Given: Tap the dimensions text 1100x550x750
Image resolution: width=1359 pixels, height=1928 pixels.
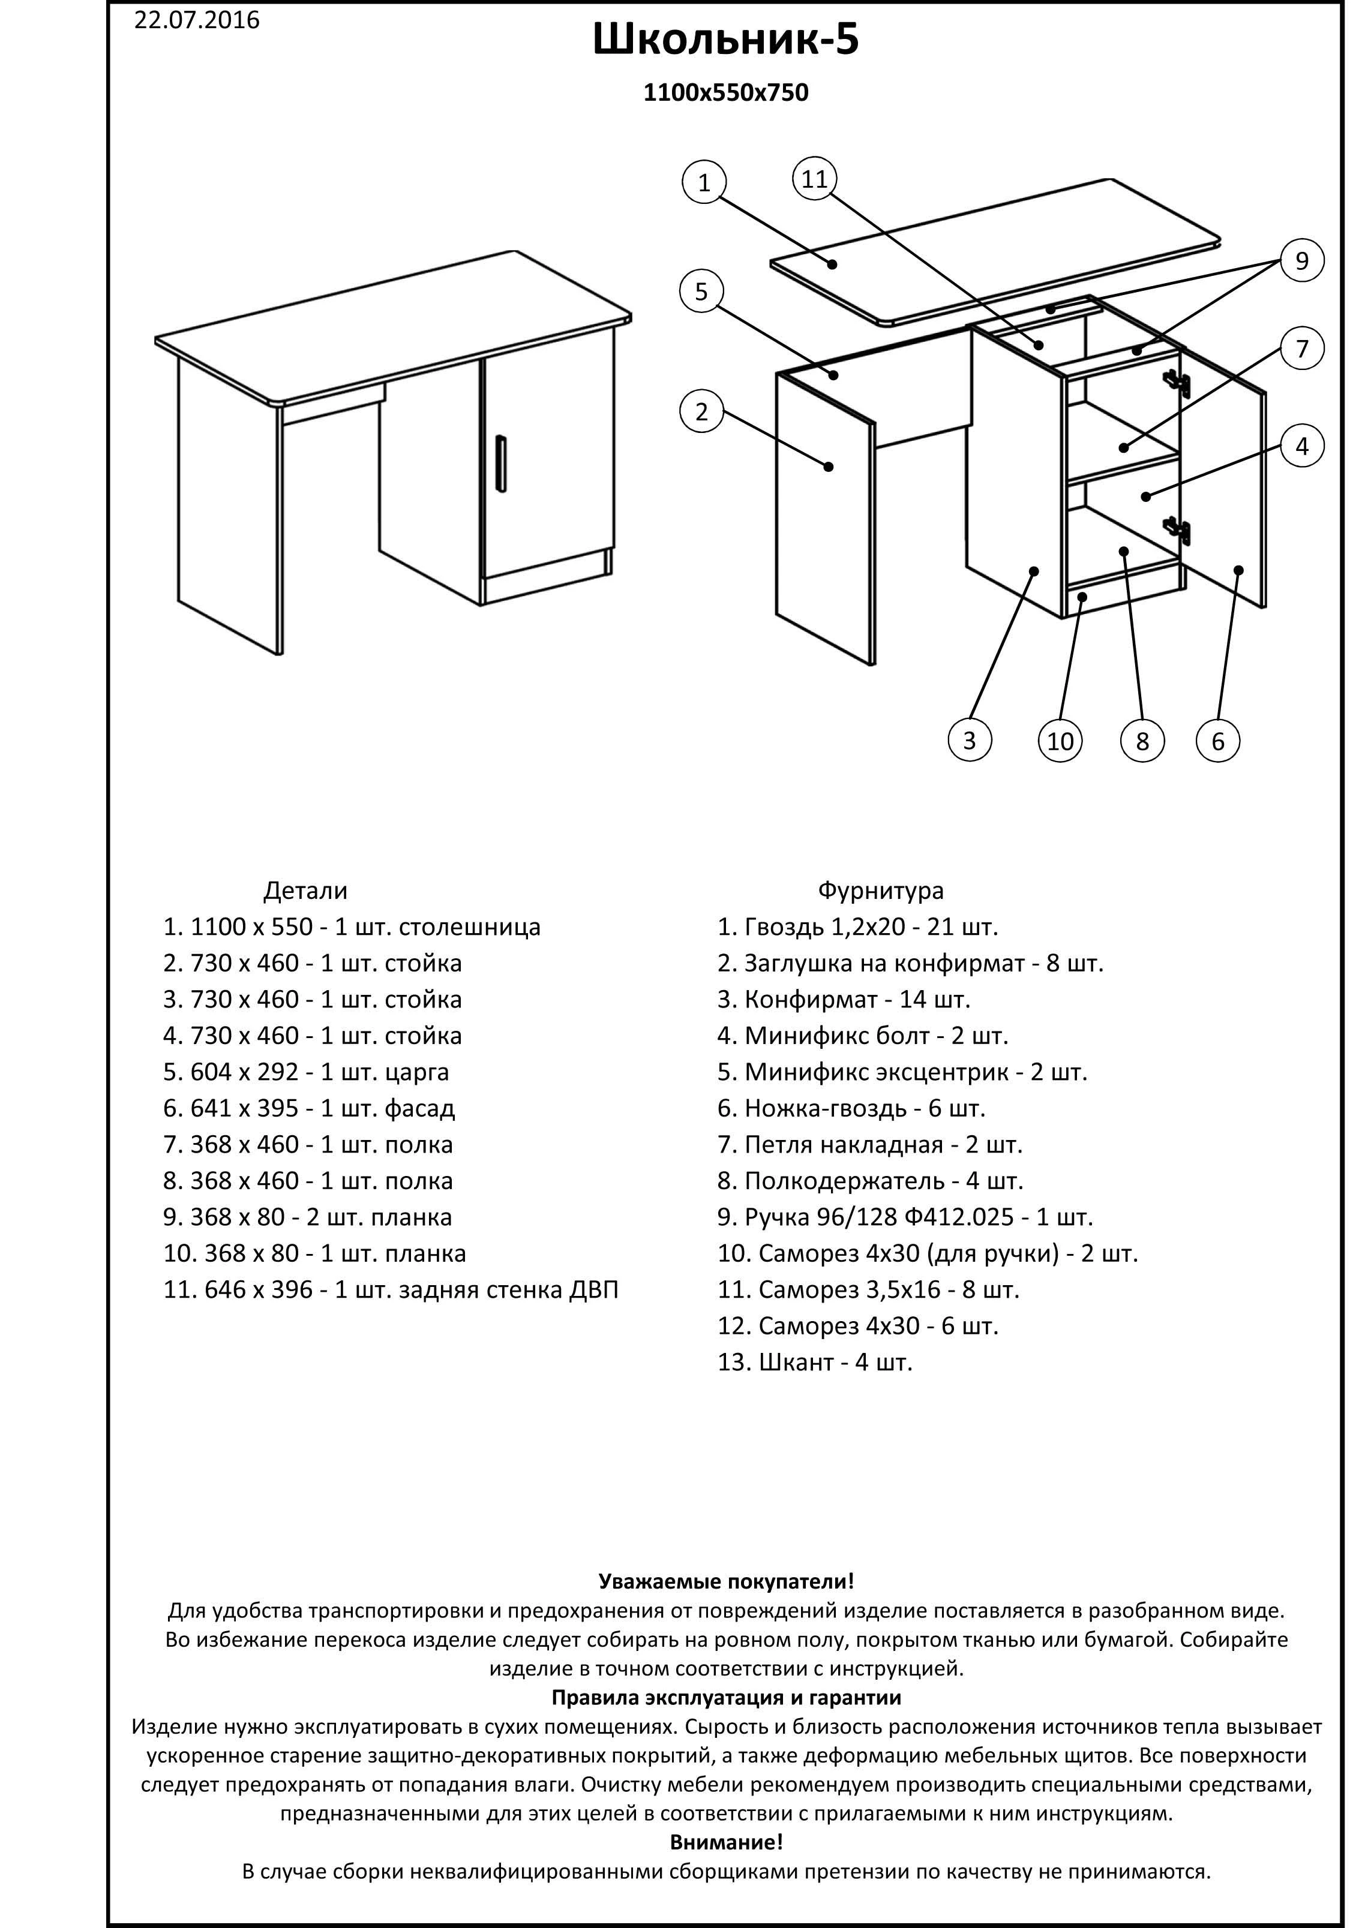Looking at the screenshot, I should pyautogui.click(x=725, y=92).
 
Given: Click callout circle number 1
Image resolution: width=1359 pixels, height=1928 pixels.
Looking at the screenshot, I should pyautogui.click(x=704, y=182).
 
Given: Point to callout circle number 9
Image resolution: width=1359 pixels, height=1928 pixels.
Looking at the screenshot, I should pyautogui.click(x=1301, y=261).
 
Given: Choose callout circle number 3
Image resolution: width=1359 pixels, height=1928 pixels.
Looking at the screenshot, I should pyautogui.click(x=969, y=740).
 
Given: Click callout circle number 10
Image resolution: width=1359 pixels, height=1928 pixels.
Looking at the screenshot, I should pyautogui.click(x=1060, y=741).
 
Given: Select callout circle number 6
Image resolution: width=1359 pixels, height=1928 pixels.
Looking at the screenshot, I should pyautogui.click(x=1217, y=741).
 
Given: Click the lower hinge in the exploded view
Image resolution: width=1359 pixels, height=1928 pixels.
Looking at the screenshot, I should pyautogui.click(x=1176, y=528).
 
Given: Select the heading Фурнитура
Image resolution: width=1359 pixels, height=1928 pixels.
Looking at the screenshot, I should pyautogui.click(x=880, y=890).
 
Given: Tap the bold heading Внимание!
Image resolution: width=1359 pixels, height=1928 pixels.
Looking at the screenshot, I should pyautogui.click(x=725, y=1842).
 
